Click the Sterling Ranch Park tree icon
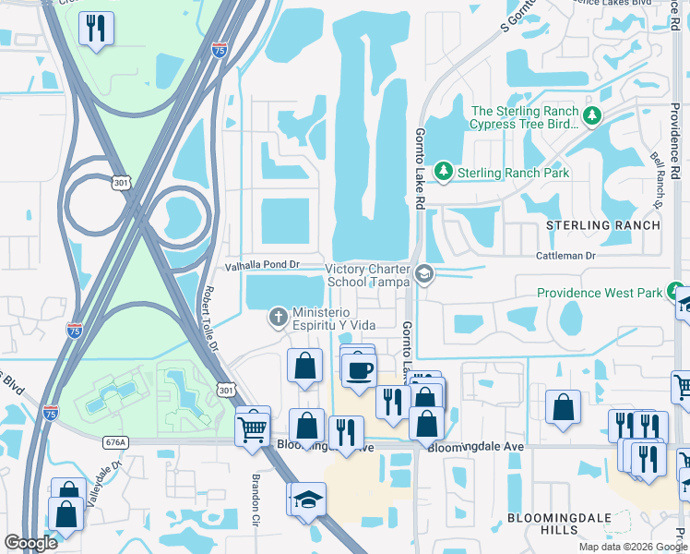pyautogui.click(x=444, y=172)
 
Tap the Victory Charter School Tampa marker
pyautogui.click(x=424, y=273)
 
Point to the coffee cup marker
pyautogui.click(x=359, y=370)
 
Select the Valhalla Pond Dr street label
pyautogui.click(x=264, y=266)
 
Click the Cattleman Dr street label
pyautogui.click(x=566, y=255)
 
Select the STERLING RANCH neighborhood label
pyautogui.click(x=603, y=225)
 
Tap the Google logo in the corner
pyautogui.click(x=30, y=543)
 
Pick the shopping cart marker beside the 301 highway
pyautogui.click(x=252, y=427)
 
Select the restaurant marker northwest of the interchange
pyautogui.click(x=96, y=30)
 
